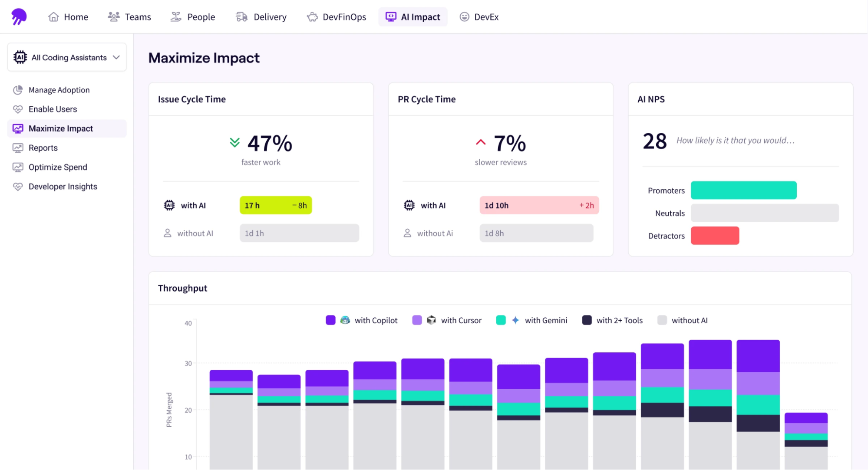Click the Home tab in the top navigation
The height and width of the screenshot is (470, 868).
[x=68, y=17]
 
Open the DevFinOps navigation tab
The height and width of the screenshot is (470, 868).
[x=337, y=17]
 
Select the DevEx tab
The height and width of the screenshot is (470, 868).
[x=479, y=17]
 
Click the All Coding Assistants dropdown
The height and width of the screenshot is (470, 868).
[x=67, y=57]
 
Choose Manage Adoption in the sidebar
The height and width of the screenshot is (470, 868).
[x=59, y=90]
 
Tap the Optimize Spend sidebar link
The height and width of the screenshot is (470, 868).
[x=57, y=167]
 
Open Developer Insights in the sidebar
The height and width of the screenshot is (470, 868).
[x=63, y=187]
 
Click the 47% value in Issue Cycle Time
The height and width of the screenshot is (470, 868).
[x=269, y=143]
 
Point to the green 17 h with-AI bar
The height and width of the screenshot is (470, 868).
[x=275, y=205]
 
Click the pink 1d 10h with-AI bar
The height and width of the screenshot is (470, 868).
[x=538, y=205]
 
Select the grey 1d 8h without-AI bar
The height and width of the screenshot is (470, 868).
[x=536, y=233]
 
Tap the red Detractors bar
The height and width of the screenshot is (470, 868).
[x=714, y=236]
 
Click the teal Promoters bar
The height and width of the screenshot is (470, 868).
[x=743, y=190]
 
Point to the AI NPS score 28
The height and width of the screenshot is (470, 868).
[x=654, y=141]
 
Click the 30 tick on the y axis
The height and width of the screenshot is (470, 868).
[x=188, y=363]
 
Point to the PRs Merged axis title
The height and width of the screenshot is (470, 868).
[x=169, y=410]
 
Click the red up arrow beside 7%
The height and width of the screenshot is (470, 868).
[x=480, y=142]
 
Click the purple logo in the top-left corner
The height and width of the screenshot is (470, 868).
[x=19, y=16]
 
